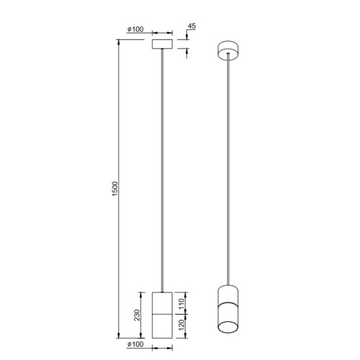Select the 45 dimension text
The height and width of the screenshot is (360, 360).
click(191, 26)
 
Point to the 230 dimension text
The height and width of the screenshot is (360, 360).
click(137, 314)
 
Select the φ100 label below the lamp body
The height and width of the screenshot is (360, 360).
click(136, 346)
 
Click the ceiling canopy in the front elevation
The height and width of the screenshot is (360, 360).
click(163, 44)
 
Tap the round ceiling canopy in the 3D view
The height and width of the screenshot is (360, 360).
click(228, 50)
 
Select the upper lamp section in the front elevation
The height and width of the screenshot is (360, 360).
click(163, 302)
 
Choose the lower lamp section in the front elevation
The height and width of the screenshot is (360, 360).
click(163, 326)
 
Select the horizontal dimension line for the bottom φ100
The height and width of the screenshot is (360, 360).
click(163, 347)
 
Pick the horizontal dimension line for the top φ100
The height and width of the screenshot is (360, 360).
click(163, 32)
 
